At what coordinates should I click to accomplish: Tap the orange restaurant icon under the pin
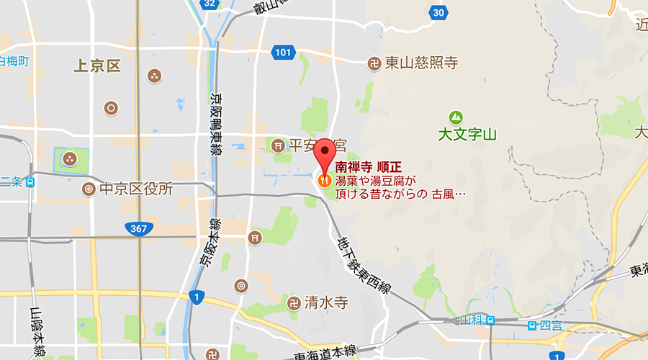(x=325, y=179)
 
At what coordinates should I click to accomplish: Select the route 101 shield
(x=283, y=52)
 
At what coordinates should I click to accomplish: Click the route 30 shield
(x=438, y=12)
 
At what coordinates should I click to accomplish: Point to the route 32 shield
(x=209, y=4)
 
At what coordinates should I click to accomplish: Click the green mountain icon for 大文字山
(x=455, y=117)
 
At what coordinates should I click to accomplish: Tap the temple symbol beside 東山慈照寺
(x=374, y=63)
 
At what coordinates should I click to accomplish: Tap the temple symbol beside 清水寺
(x=294, y=302)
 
